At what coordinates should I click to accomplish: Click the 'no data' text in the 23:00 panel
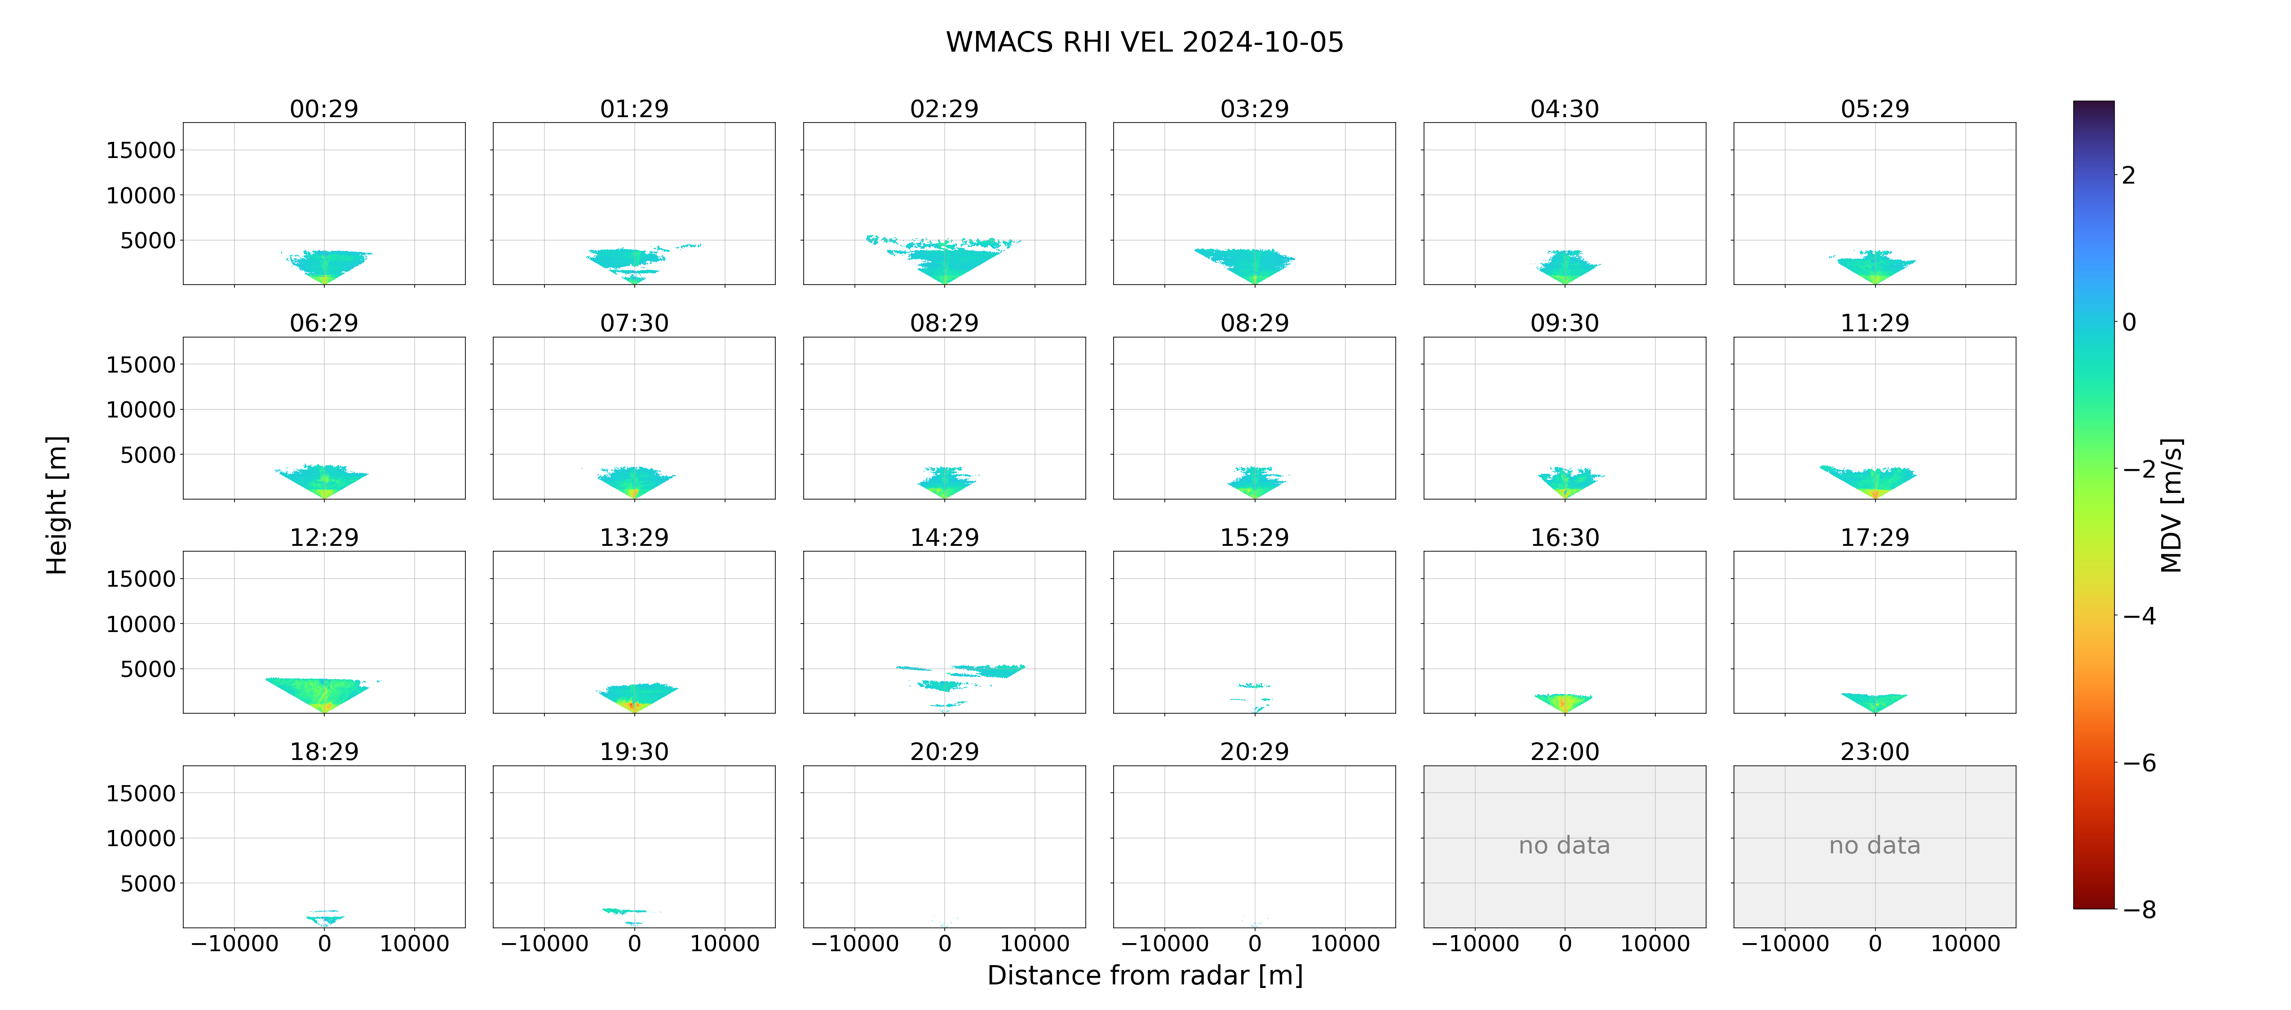[1875, 846]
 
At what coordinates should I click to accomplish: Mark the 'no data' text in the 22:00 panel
[1564, 846]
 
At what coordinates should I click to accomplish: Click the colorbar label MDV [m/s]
[2171, 505]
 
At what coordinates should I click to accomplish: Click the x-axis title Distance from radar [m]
[1145, 975]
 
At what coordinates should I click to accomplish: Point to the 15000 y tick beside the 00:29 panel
[141, 150]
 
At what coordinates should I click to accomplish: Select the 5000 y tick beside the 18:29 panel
[148, 884]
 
